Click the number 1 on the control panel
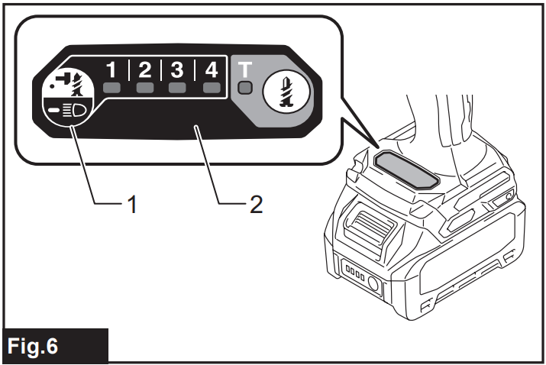point(112,71)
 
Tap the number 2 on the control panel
point(145,71)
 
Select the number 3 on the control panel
point(177,71)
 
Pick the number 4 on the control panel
point(210,71)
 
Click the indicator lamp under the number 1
point(112,89)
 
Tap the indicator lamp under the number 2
point(145,89)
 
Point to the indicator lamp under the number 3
point(177,89)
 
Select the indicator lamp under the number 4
point(210,89)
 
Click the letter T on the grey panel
point(244,69)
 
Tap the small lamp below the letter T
point(244,88)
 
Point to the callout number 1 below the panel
point(132,205)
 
